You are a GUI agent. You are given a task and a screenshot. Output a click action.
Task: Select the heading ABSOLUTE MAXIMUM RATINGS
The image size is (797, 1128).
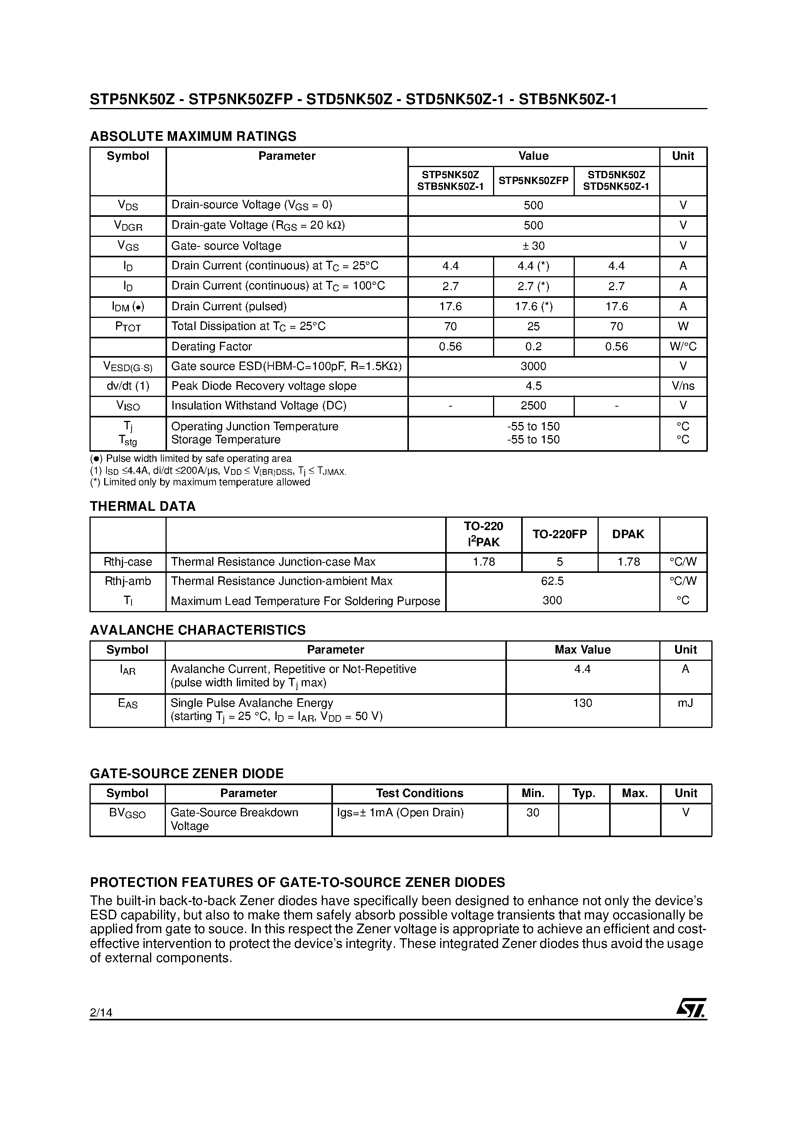pyautogui.click(x=193, y=136)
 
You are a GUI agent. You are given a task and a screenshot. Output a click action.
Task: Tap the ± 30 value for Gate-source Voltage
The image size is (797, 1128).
pyautogui.click(x=533, y=246)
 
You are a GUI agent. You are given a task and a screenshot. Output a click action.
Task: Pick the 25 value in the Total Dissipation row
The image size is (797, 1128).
pyautogui.click(x=533, y=326)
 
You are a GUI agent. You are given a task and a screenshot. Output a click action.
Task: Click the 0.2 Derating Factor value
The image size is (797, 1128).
pyautogui.click(x=533, y=346)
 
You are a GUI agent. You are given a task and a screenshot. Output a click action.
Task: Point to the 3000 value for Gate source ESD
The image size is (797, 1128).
pyautogui.click(x=533, y=366)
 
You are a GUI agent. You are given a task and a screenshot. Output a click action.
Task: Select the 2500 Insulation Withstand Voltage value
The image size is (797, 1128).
pyautogui.click(x=533, y=405)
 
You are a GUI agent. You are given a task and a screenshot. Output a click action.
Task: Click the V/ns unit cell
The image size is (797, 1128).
pyautogui.click(x=682, y=386)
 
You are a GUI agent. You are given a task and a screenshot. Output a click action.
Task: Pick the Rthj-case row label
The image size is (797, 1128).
pyautogui.click(x=128, y=562)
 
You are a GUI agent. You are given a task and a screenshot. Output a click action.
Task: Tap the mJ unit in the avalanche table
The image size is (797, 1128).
pyautogui.click(x=685, y=702)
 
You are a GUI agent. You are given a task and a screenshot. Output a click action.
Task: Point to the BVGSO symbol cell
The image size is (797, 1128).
pyautogui.click(x=127, y=813)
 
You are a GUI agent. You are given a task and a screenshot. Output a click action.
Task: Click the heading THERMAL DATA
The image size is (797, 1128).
pyautogui.click(x=142, y=506)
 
